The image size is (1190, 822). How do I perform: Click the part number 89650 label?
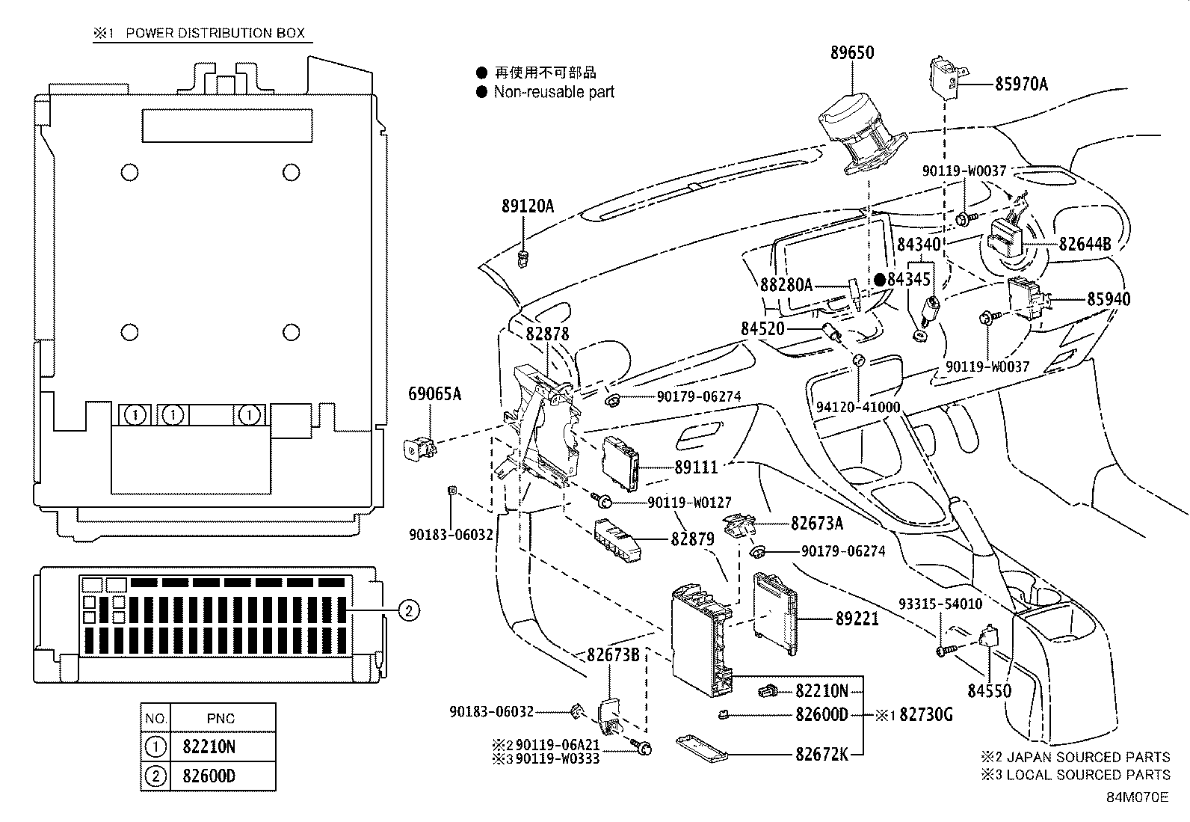(x=851, y=53)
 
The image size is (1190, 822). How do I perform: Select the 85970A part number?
(x=1020, y=85)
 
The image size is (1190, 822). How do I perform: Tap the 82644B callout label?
(x=1084, y=244)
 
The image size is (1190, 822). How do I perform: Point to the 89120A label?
(x=528, y=206)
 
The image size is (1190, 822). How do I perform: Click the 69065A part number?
(x=434, y=393)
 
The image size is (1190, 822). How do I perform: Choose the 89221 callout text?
(x=857, y=619)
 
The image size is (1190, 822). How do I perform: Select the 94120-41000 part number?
(x=857, y=408)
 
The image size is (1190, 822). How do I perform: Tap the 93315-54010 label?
(x=940, y=603)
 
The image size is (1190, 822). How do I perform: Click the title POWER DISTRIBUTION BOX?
(x=215, y=34)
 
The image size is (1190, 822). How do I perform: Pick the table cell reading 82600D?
(x=209, y=776)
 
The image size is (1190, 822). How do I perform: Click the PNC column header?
(x=221, y=719)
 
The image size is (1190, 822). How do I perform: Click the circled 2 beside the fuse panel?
(x=407, y=611)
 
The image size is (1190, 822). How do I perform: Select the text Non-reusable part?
(x=553, y=92)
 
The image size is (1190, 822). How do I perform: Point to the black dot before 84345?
(x=880, y=280)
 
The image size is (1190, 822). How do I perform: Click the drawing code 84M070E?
(x=1137, y=797)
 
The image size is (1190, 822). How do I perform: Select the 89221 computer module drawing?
(x=777, y=613)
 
